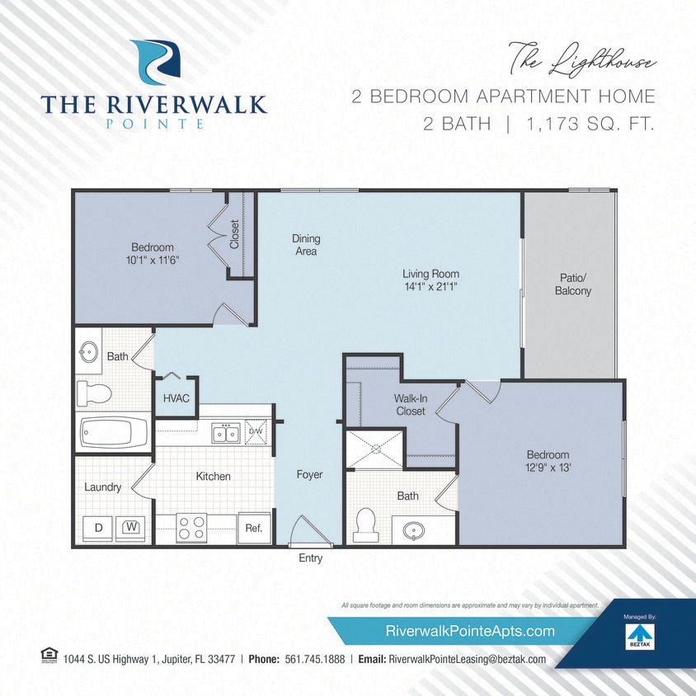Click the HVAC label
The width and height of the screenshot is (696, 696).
pos(176,398)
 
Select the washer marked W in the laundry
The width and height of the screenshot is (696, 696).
pos(129,526)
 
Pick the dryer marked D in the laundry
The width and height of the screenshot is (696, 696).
pos(98,526)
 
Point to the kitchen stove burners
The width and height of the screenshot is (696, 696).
pos(191,528)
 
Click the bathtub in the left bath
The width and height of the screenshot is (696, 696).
pos(113,432)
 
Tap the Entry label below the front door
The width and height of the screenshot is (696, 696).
pos(310,558)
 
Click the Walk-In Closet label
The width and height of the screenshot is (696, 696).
pos(409,405)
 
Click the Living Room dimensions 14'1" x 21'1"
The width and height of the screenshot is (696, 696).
pos(430,287)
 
